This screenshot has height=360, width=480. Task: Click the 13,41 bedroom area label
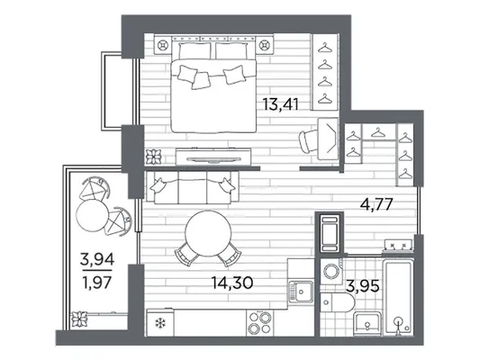pyautogui.click(x=281, y=104)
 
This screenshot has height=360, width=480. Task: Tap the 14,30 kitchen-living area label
pyautogui.click(x=232, y=283)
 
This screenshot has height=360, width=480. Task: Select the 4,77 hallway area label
pyautogui.click(x=376, y=204)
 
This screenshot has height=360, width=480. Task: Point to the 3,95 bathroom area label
pyautogui.click(x=363, y=286)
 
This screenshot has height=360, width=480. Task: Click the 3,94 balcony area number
pyautogui.click(x=97, y=259)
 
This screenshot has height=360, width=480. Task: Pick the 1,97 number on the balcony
pyautogui.click(x=97, y=283)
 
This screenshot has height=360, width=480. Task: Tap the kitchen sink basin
pyautogui.click(x=301, y=291)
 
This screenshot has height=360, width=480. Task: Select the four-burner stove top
pyautogui.click(x=260, y=323)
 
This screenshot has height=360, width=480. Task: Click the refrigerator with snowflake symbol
pyautogui.click(x=160, y=323)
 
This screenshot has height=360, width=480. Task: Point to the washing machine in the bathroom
pyautogui.click(x=331, y=271)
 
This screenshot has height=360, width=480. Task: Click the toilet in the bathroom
pyautogui.click(x=337, y=302)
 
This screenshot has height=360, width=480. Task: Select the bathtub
pyautogui.click(x=398, y=296)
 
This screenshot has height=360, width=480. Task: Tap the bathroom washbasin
pyautogui.click(x=367, y=324)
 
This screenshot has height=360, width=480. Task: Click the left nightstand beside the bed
pyautogui.click(x=163, y=45)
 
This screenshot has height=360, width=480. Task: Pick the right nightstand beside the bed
pyautogui.click(x=265, y=45)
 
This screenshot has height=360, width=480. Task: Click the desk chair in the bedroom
pyautogui.click(x=308, y=141)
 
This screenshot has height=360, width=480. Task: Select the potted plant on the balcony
pyautogui.click(x=79, y=319)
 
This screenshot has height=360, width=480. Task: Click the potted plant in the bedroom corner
pyautogui.click(x=153, y=157)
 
